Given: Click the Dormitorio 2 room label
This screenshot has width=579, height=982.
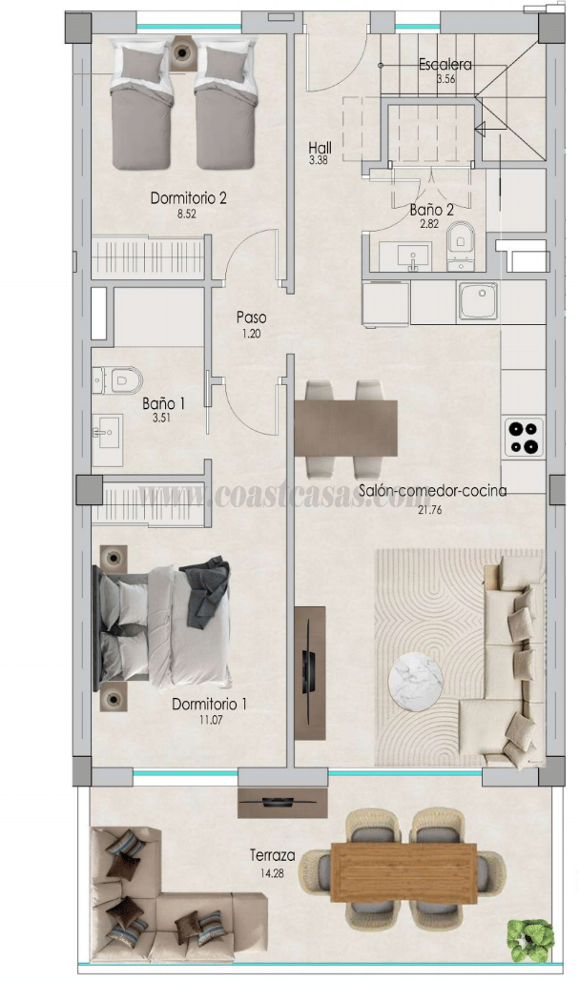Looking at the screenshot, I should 188,198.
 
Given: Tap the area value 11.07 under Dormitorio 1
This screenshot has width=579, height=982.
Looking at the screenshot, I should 209,721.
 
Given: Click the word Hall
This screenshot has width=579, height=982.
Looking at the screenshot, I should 320,148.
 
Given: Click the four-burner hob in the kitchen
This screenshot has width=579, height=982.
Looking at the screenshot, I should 524,438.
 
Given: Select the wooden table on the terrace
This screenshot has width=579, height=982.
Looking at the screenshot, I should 403,872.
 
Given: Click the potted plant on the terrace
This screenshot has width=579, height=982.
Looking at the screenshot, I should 530,938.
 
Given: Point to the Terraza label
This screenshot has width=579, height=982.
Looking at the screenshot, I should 271,854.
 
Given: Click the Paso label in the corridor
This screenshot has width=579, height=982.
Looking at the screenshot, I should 251,317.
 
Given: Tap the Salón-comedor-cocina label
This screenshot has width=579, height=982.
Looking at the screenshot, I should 432,491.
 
